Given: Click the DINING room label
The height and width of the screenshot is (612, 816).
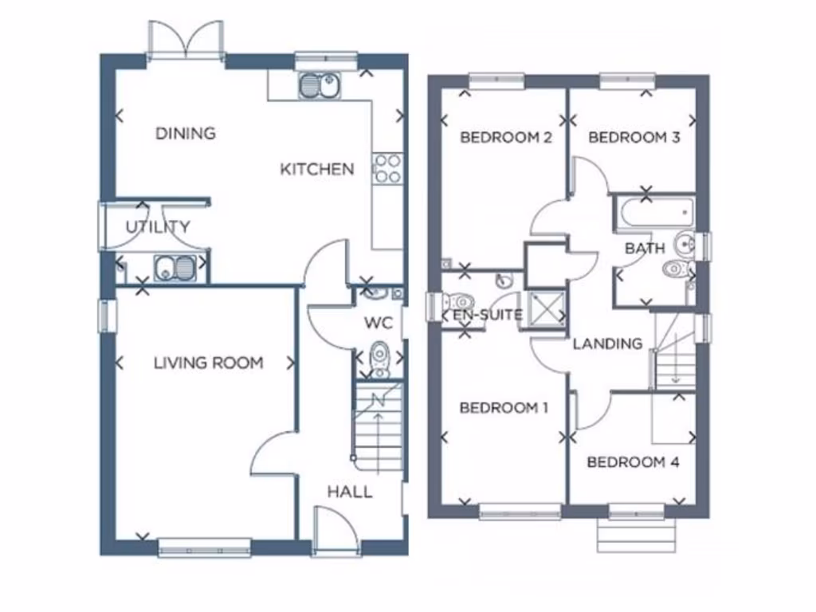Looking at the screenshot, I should coord(186,133).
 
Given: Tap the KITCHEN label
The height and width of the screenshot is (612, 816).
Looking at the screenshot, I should coord(316,169).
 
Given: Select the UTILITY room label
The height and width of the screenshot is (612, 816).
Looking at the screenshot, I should coord(158,227).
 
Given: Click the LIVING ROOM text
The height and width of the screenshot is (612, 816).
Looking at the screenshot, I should coord(208,363).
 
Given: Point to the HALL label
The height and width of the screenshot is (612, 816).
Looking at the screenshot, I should coord(350,492).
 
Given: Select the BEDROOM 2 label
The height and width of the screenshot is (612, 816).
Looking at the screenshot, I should coord(506,137).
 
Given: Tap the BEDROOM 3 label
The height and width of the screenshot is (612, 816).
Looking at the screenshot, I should coord(634,137).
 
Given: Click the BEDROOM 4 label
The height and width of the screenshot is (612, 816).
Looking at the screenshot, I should coord(633,462).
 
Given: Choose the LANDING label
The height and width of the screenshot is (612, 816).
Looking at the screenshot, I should coord(607,343).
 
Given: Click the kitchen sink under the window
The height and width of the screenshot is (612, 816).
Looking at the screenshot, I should coord(319,85).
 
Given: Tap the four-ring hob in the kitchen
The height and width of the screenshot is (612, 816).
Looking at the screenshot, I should coord(387,168).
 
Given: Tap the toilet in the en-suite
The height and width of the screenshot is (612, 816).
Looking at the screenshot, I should coord(458,302).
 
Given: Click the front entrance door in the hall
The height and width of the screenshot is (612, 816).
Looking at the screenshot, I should coord(335,532).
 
